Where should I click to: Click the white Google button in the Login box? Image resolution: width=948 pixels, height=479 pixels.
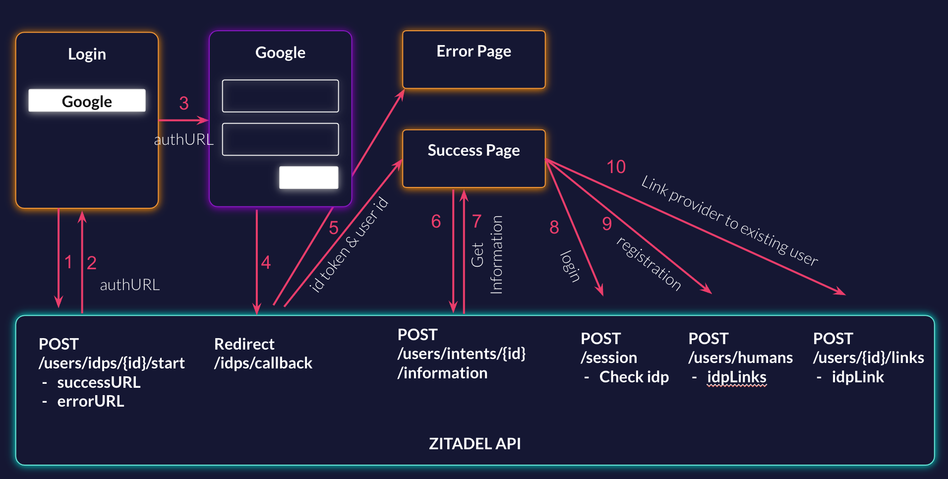[x=87, y=101]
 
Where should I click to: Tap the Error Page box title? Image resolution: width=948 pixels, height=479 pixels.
[x=474, y=51]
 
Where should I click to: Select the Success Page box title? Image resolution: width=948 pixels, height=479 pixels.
[x=474, y=150]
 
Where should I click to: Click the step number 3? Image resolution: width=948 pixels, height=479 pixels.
[x=184, y=103]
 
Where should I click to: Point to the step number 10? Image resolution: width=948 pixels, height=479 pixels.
[x=616, y=167]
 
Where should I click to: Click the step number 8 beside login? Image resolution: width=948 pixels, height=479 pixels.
[x=554, y=227]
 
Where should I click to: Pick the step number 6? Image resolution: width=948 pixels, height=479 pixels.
[x=436, y=221]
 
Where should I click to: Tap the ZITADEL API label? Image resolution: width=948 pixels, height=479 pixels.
[x=474, y=443]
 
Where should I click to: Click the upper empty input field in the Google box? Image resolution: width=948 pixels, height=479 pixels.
[x=280, y=96]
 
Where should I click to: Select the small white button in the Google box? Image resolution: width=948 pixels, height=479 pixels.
[x=308, y=178]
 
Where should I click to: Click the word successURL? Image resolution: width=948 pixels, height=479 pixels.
[x=99, y=382]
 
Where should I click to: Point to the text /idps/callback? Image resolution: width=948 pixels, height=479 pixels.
[x=263, y=363]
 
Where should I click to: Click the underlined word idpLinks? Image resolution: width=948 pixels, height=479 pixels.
[x=736, y=377]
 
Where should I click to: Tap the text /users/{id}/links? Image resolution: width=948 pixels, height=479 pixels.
[x=868, y=358]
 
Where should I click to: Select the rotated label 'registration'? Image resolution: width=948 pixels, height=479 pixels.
[x=649, y=263]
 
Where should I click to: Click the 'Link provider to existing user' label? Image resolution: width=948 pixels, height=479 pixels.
[x=729, y=221]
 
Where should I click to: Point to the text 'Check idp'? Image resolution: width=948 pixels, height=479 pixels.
[x=634, y=377]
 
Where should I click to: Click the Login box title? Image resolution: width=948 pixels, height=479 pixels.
[x=87, y=54]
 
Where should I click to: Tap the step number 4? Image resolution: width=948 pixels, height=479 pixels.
[x=266, y=262]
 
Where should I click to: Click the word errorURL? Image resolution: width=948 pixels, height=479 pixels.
[x=91, y=401]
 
